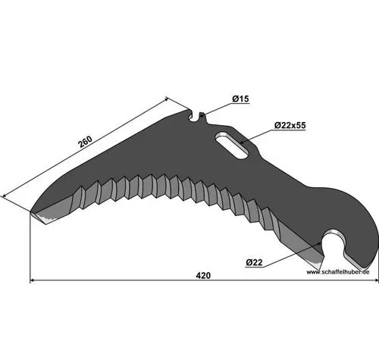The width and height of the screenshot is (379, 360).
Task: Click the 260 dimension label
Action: click(x=86, y=142)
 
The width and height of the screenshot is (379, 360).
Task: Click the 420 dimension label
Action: click(x=203, y=275)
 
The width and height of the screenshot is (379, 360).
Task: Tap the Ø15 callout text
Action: click(x=240, y=99)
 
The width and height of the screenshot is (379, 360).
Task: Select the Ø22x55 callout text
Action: click(x=290, y=125)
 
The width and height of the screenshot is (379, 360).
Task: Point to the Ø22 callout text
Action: click(x=254, y=263)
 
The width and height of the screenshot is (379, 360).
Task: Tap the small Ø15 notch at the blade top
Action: click(x=195, y=117)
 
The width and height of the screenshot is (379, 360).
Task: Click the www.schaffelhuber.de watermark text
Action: click(x=338, y=272)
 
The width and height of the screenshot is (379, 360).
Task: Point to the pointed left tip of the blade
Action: click(x=31, y=211)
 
